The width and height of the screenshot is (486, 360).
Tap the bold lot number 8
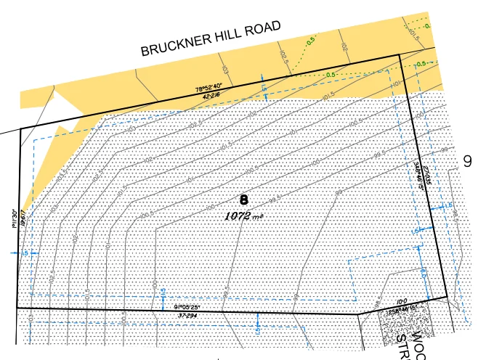pyautogui.click(x=243, y=199)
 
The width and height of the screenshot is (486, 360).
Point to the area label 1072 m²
pyautogui.click(x=243, y=216)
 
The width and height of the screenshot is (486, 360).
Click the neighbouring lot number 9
pyautogui.click(x=468, y=161)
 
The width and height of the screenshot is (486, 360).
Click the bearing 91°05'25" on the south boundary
pyautogui.click(x=187, y=306)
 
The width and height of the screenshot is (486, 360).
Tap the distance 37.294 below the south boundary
pyautogui.click(x=187, y=316)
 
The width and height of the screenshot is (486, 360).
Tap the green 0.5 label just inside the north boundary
pyautogui.click(x=331, y=75)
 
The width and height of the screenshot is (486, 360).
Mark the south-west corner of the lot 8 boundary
pyautogui.click(x=17, y=308)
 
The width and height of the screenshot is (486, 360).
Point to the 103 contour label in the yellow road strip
pyautogui.click(x=225, y=70)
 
